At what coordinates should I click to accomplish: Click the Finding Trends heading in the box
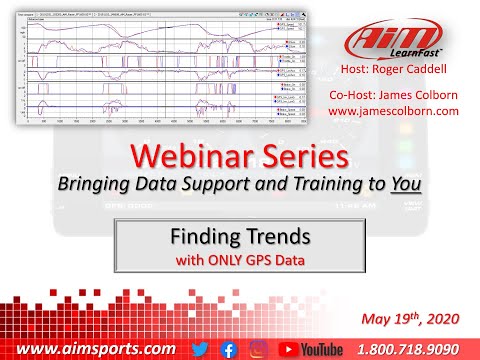239,240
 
